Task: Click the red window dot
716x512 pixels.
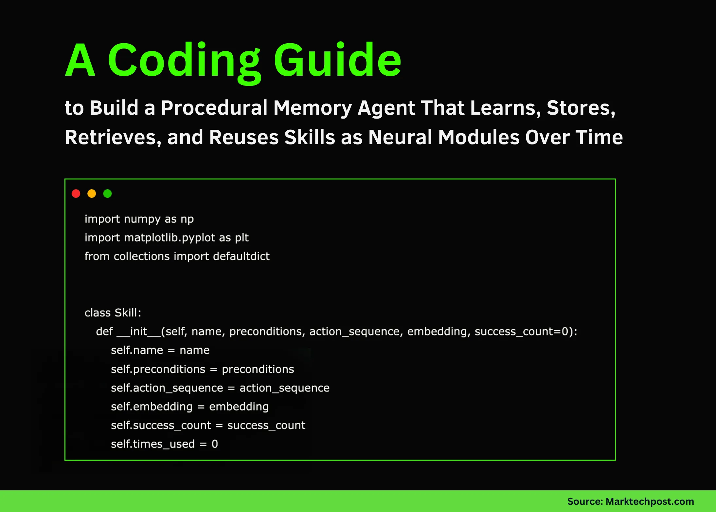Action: point(76,194)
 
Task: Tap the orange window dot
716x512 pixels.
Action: point(92,194)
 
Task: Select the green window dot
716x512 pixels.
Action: point(107,194)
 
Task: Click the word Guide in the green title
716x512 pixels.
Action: point(337,61)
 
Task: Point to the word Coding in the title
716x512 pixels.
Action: point(184,61)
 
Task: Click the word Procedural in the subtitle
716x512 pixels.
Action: point(214,108)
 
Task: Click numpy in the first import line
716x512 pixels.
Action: point(142,219)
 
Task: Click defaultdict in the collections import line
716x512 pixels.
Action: point(241,256)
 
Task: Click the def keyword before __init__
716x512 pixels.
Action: point(104,332)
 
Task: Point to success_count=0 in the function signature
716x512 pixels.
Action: point(522,332)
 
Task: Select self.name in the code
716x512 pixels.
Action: point(137,350)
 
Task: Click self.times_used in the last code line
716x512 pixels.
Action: point(152,444)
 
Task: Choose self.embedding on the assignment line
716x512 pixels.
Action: point(152,407)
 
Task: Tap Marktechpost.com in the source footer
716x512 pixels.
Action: point(650,502)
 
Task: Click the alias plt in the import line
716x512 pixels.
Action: point(242,238)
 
